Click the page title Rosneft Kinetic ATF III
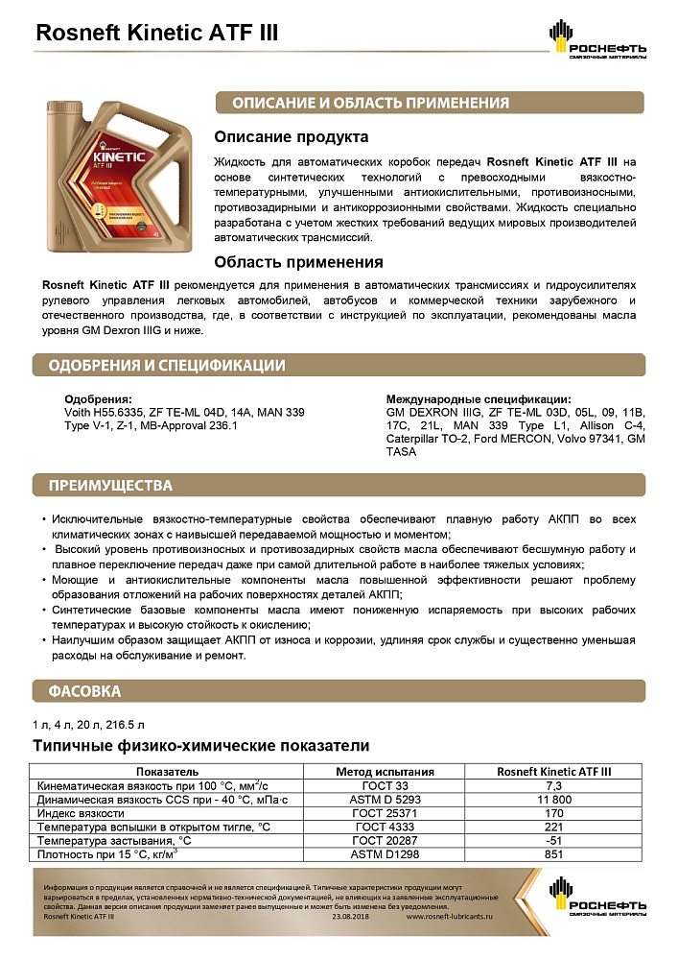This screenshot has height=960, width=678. [x=156, y=33]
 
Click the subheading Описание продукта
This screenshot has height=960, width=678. [x=291, y=137]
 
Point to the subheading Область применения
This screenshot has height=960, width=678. [x=298, y=262]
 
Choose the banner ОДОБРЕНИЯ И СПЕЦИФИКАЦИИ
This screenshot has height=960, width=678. [x=167, y=365]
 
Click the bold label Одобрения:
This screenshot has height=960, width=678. [x=98, y=399]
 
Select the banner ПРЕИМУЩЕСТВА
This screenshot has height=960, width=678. [x=111, y=485]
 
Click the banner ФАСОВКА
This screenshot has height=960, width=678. [x=85, y=690]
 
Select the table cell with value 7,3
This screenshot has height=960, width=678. [x=554, y=785]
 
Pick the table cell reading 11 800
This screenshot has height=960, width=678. [x=554, y=799]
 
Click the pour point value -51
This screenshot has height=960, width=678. [x=554, y=839]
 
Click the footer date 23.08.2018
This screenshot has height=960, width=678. [x=350, y=917]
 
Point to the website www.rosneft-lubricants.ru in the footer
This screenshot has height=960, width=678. [x=449, y=917]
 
